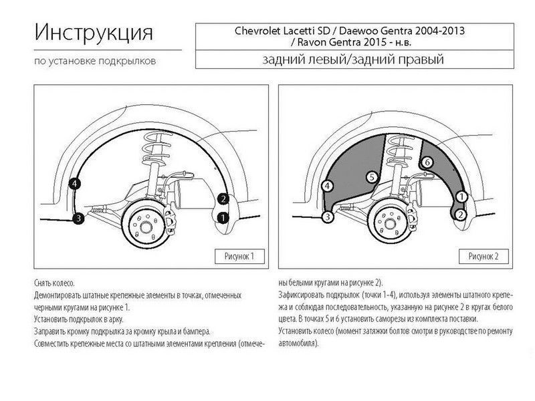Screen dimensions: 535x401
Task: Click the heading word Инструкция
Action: [x=94, y=33]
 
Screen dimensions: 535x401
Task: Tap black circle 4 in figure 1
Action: [x=74, y=184]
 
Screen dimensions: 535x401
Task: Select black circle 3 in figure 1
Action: [x=78, y=218]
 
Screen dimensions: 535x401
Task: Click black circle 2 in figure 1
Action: [x=223, y=198]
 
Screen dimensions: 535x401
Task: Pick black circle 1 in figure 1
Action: [x=223, y=218]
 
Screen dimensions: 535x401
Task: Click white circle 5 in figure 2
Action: [x=372, y=177]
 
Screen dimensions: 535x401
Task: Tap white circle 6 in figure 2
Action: [x=427, y=162]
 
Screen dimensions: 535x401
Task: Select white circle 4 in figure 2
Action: [x=328, y=186]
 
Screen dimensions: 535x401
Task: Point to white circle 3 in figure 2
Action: [x=328, y=217]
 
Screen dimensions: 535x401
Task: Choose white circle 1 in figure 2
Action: [x=461, y=196]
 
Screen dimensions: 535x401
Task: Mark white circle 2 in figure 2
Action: [x=461, y=215]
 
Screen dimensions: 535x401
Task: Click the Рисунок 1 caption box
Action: [x=239, y=257]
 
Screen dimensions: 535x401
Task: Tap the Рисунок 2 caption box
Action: [x=484, y=257]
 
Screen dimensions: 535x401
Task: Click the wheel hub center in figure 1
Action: [x=146, y=227]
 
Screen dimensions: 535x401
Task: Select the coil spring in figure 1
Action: [x=158, y=148]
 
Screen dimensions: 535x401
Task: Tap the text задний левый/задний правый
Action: [x=353, y=59]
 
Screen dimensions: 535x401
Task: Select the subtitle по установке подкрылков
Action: [x=95, y=61]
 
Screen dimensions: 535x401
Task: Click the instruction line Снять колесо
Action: [x=54, y=283]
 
